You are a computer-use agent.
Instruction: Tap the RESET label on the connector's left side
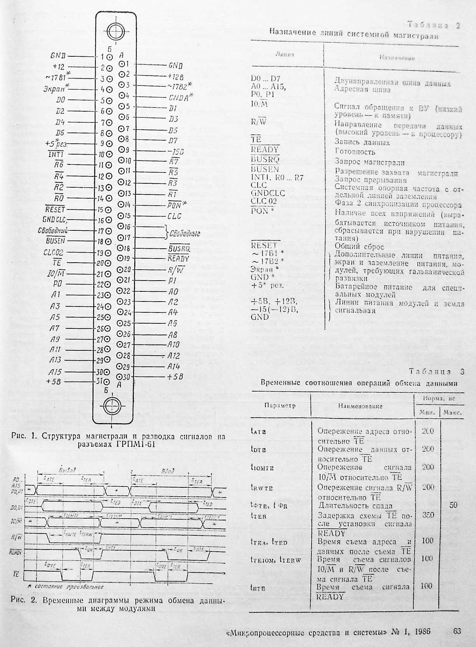point(55,209)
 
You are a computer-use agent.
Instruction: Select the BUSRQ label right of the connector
point(179,248)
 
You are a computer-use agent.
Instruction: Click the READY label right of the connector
point(178,258)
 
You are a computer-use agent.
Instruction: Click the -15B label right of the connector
point(176,151)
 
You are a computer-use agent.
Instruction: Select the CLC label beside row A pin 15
point(174,216)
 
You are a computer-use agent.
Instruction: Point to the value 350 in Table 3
point(427,515)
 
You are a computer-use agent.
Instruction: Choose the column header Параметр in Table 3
point(280,405)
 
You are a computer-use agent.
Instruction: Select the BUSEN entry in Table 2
point(265,169)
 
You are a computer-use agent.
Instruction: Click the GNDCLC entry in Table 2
point(268,193)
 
